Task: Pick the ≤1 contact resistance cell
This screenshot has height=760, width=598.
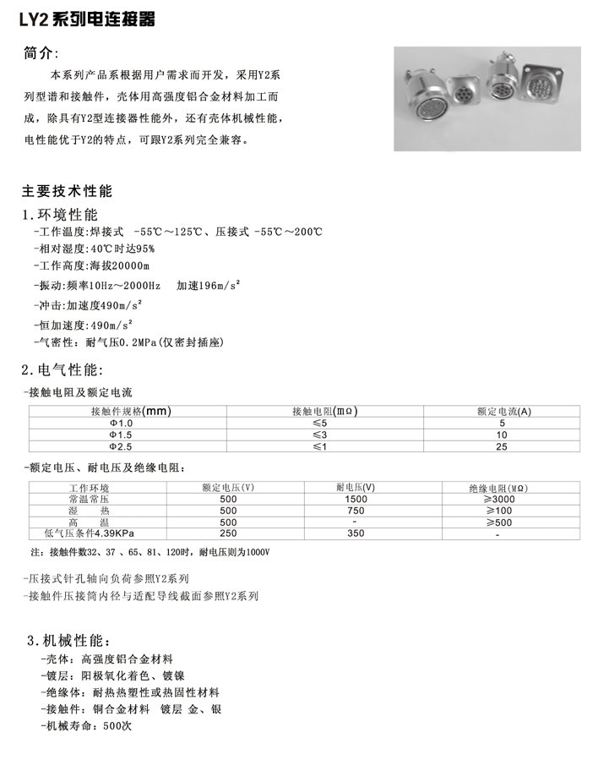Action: (319, 446)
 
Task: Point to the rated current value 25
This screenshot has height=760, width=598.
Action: (503, 446)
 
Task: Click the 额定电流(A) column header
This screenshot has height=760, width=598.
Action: (503, 412)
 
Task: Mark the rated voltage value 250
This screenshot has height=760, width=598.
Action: (228, 533)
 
